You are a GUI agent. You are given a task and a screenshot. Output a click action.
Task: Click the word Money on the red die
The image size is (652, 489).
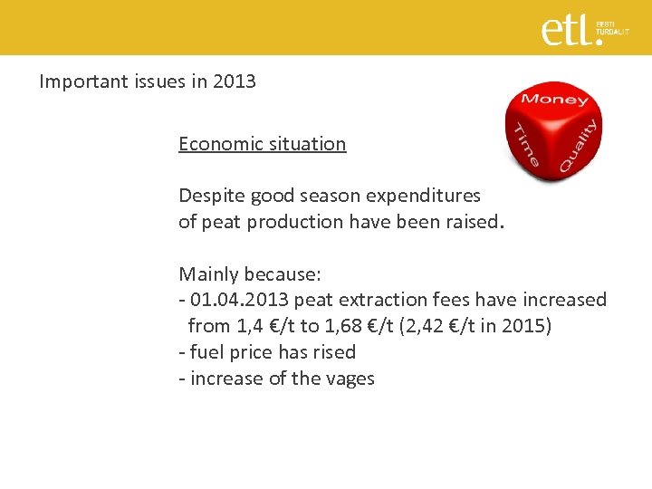555,99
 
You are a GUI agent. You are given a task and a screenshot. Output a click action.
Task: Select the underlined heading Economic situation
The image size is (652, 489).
262,144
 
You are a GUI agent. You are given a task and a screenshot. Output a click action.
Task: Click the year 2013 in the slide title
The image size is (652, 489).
235,81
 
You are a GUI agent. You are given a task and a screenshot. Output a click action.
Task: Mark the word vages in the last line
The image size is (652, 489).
348,379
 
